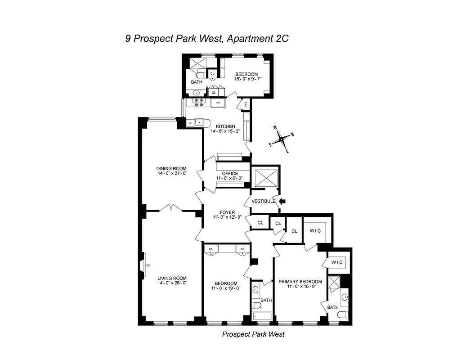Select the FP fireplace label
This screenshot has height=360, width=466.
148,266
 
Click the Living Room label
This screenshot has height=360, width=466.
172,278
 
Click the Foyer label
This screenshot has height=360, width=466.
227,212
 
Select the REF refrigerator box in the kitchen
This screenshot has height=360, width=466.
218,103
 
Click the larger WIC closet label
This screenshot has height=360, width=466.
315,231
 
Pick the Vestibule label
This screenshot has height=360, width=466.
263,201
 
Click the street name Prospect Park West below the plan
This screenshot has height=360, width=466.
253,334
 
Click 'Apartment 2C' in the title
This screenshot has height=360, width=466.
257,39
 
